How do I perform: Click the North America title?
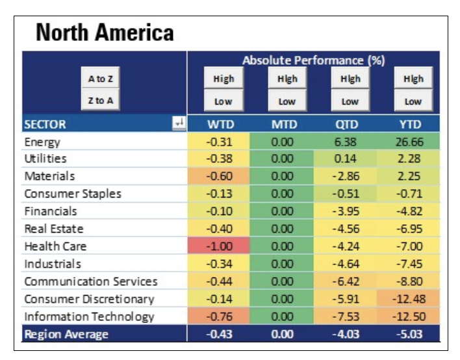(x=105, y=32)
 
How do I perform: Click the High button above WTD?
(x=224, y=79)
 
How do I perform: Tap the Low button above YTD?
(x=413, y=101)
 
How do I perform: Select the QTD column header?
(x=349, y=123)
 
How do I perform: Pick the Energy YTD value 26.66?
(x=413, y=141)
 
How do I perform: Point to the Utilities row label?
(x=45, y=159)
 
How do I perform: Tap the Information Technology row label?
(x=89, y=316)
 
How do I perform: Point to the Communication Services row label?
(x=90, y=281)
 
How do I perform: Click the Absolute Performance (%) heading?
(x=313, y=60)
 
